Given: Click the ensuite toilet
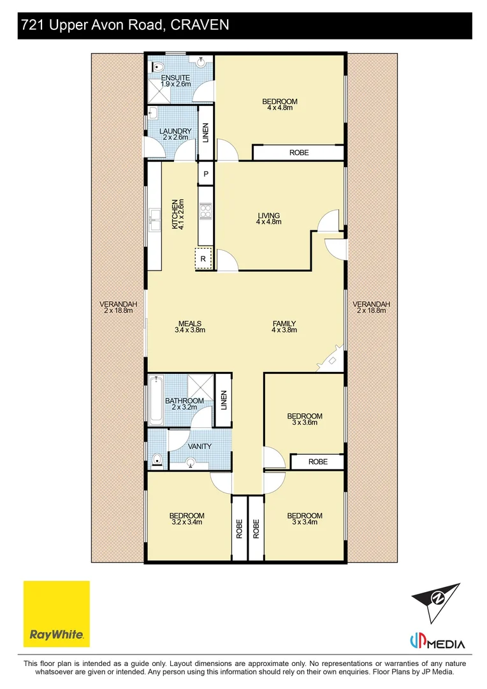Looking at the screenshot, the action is click(157, 67).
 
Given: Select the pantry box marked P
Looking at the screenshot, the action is click(205, 174).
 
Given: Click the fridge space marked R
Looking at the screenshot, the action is click(203, 259).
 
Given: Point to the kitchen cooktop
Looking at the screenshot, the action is click(205, 211).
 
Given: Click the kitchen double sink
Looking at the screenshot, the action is click(154, 220).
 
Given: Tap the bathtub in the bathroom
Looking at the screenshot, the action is click(156, 399).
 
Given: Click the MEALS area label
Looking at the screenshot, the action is click(190, 323).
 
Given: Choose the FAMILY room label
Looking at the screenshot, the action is click(284, 323).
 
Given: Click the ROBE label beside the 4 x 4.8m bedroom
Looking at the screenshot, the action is click(299, 152).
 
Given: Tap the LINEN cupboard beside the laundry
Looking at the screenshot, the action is click(205, 133).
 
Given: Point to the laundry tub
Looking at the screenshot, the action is click(153, 113).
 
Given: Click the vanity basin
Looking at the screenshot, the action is click(191, 462).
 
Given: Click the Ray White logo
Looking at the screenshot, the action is click(56, 614).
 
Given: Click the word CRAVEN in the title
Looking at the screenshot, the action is click(200, 25).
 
